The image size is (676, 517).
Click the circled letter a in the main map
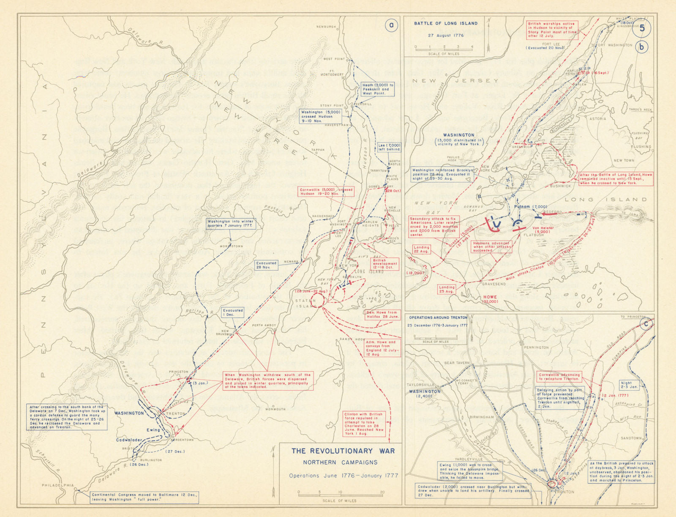click(x=392, y=25)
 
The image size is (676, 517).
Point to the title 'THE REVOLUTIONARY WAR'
click(x=343, y=451)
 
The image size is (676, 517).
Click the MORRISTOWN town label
click(x=231, y=246)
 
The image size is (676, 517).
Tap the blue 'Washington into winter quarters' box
click(x=231, y=224)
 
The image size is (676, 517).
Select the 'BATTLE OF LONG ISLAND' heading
click(x=445, y=24)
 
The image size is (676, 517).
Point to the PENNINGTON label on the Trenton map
click(x=536, y=347)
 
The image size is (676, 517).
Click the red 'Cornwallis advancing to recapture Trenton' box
click(x=559, y=377)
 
